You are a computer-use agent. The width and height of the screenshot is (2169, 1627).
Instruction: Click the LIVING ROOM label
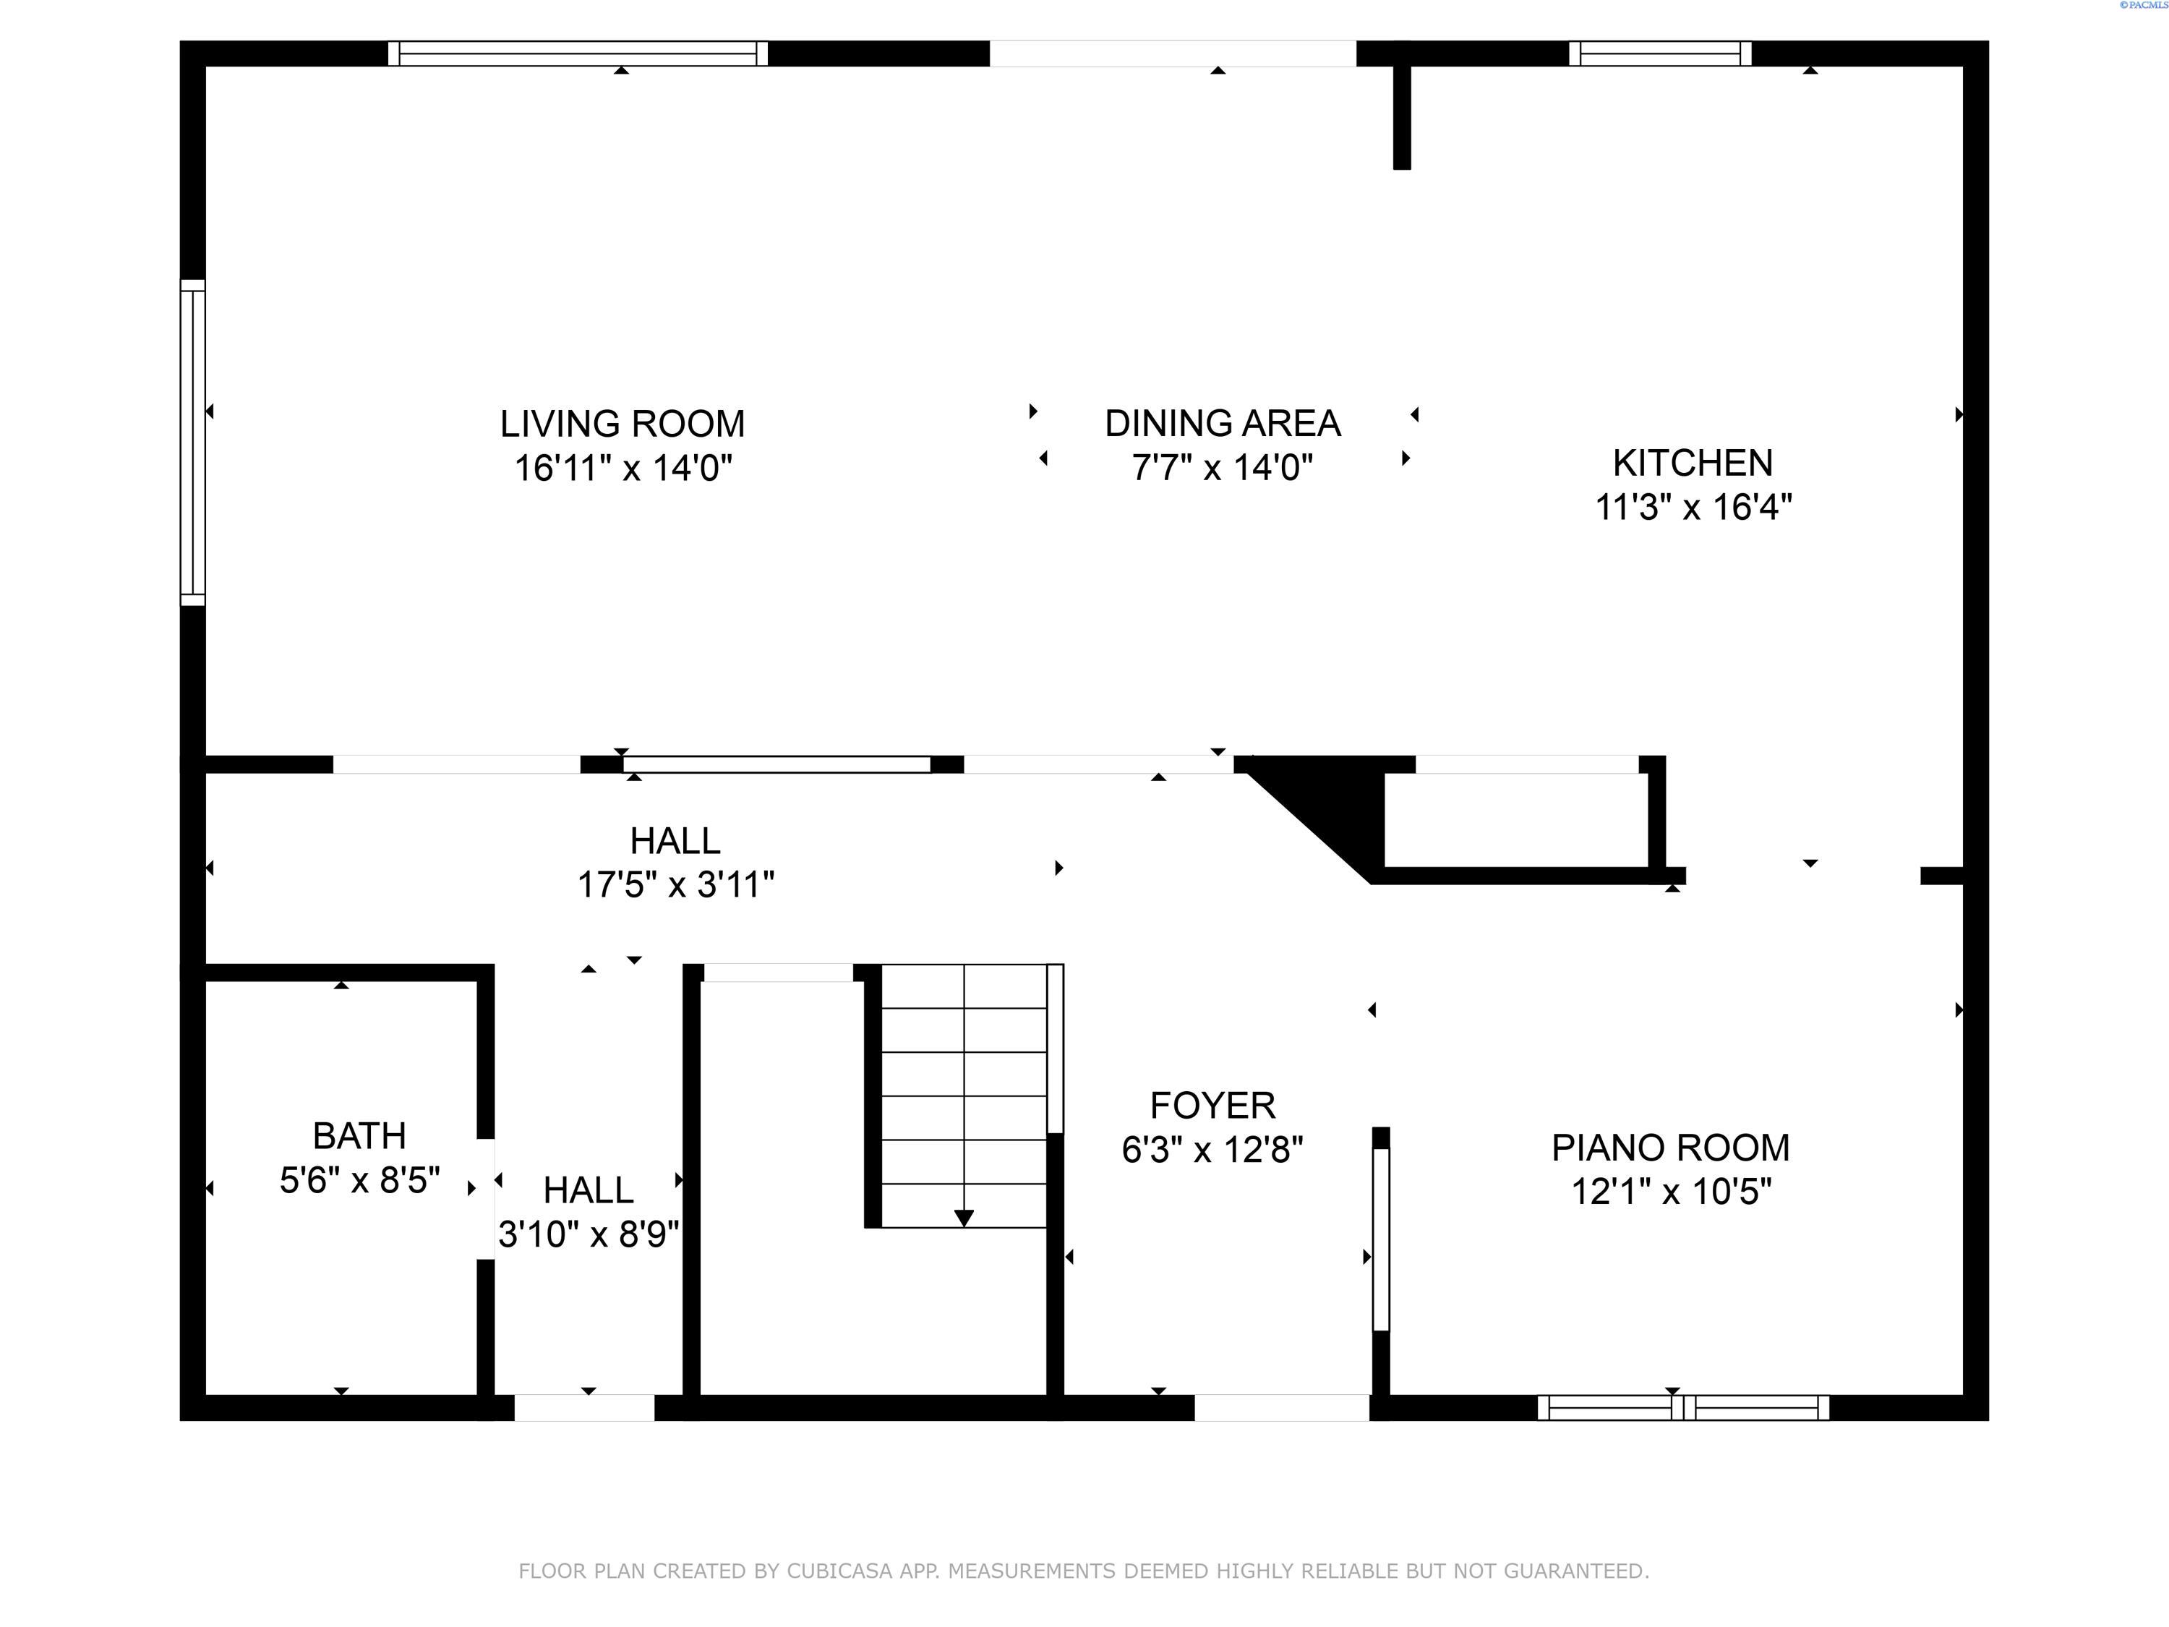[623, 424]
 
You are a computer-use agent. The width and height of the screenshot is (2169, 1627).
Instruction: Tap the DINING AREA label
[1223, 424]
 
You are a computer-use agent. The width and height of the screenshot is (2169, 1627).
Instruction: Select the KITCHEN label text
[1693, 463]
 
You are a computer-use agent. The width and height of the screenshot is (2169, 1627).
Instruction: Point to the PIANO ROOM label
[1671, 1148]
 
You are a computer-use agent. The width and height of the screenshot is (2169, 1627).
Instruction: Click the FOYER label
[1213, 1105]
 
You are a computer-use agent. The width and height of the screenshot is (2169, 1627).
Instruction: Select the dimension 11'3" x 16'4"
[1693, 507]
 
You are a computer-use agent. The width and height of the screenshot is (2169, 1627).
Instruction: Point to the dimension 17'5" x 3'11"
[675, 884]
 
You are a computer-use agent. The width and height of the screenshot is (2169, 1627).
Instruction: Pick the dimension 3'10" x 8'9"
[589, 1234]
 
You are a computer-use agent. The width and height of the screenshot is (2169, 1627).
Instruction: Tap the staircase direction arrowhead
[964, 1218]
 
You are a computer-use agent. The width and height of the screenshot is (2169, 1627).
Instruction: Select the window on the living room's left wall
[193, 443]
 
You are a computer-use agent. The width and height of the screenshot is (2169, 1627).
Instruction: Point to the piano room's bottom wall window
[1682, 1407]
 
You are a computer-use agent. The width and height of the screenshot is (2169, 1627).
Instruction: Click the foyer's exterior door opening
[1282, 1407]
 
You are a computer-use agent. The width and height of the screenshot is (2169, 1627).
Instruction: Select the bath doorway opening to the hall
[485, 1198]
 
